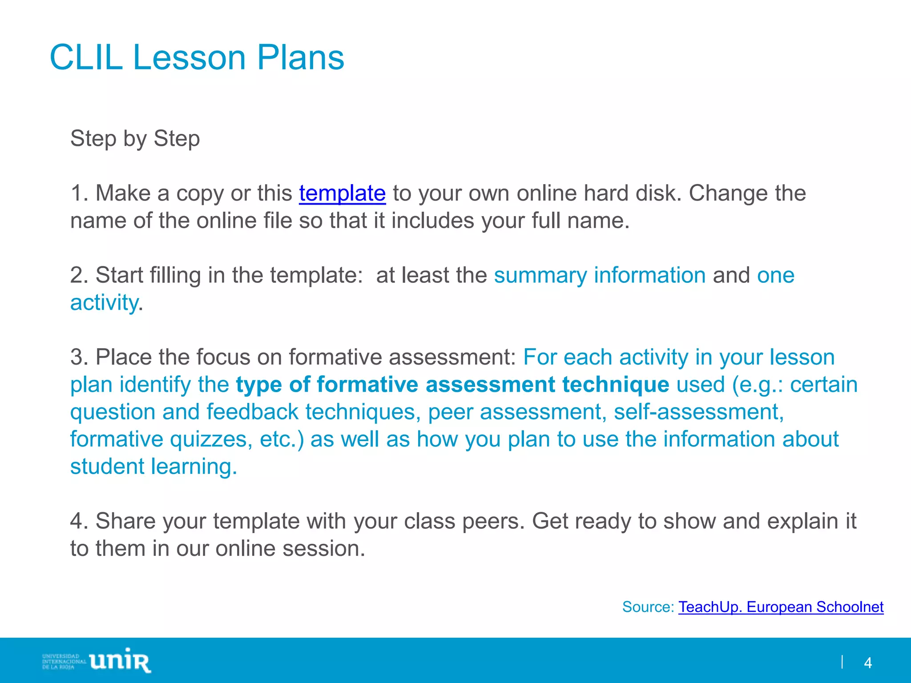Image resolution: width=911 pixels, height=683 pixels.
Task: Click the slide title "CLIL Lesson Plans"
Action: point(197,57)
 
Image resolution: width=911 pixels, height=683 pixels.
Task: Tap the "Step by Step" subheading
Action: point(135,138)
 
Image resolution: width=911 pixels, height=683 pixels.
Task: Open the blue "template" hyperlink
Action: point(342,193)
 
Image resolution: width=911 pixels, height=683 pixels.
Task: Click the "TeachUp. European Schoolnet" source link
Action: point(781,607)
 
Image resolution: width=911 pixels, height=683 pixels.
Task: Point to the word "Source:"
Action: point(648,607)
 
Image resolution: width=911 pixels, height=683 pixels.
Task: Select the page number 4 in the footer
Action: point(867,663)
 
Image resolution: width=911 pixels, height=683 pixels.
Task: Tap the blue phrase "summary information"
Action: point(600,275)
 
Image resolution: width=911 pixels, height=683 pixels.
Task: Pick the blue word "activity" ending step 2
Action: point(104,303)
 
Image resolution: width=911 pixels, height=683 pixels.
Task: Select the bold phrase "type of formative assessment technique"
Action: point(452,385)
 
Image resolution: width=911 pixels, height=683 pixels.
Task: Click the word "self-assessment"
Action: point(698,412)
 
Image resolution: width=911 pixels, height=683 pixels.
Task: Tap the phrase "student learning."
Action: point(153,467)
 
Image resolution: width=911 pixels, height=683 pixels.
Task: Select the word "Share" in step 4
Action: point(125,521)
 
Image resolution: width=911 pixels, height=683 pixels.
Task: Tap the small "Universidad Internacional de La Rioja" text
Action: point(64,662)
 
